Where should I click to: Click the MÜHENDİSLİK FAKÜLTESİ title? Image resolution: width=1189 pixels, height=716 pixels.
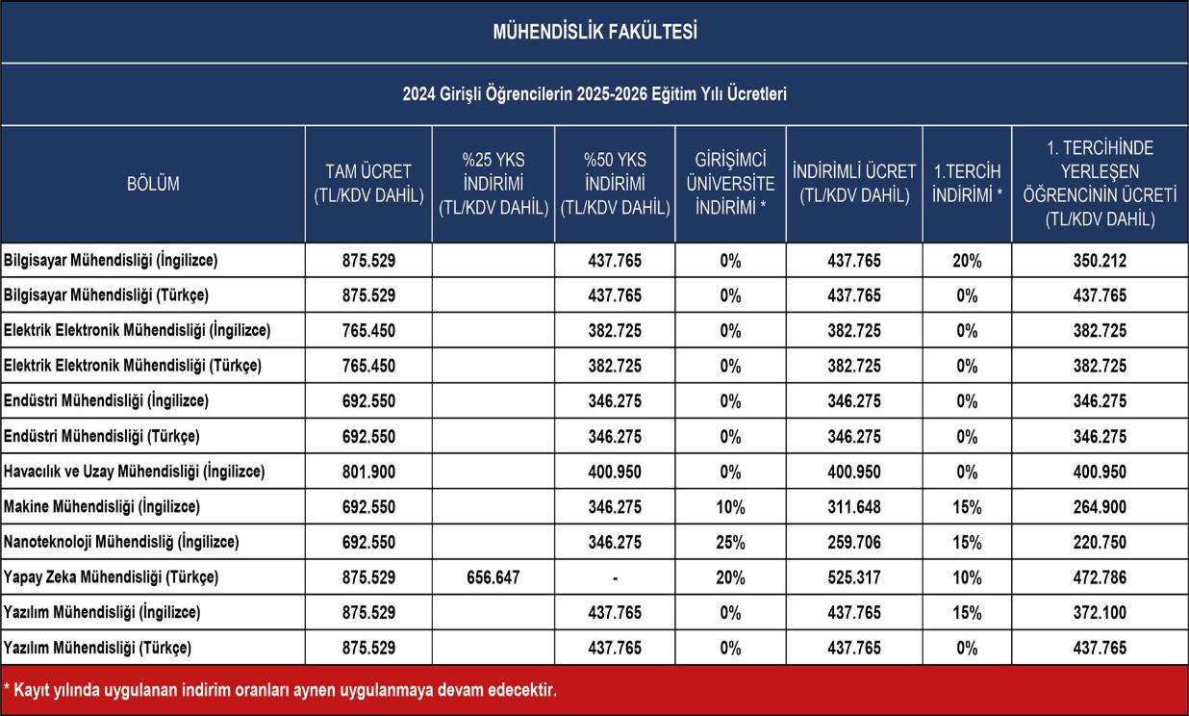pyautogui.click(x=595, y=32)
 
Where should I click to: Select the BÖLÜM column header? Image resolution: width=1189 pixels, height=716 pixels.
pyautogui.click(x=153, y=184)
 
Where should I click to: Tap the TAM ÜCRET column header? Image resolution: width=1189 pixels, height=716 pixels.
pyautogui.click(x=368, y=184)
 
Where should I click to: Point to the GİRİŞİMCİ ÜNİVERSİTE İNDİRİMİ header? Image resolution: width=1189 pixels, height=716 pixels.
pyautogui.click(x=730, y=184)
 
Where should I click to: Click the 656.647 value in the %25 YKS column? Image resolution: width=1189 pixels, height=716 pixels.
pyautogui.click(x=493, y=577)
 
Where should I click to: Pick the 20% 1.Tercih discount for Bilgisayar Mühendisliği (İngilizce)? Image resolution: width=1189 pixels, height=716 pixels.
pyautogui.click(x=967, y=261)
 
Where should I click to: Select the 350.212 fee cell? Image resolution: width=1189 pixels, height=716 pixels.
pyautogui.click(x=1100, y=261)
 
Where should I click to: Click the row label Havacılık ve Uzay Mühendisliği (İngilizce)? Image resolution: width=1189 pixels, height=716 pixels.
pyautogui.click(x=135, y=472)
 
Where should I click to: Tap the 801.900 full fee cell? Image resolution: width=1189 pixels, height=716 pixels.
pyautogui.click(x=368, y=472)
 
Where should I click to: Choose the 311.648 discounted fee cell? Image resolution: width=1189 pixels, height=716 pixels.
pyautogui.click(x=854, y=507)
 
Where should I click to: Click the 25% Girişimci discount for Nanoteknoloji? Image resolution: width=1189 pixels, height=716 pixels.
pyautogui.click(x=730, y=543)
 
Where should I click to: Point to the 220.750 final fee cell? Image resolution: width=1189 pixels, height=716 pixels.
pyautogui.click(x=1100, y=543)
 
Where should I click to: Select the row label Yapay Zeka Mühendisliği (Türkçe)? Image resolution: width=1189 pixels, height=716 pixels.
pyautogui.click(x=111, y=577)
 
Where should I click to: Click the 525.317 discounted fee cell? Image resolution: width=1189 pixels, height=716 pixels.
pyautogui.click(x=854, y=577)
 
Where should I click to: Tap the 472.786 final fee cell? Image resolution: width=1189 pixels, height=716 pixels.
pyautogui.click(x=1100, y=577)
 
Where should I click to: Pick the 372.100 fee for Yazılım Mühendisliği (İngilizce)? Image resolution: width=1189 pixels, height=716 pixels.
pyautogui.click(x=1100, y=612)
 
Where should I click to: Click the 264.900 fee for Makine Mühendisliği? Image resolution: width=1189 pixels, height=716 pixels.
pyautogui.click(x=1100, y=507)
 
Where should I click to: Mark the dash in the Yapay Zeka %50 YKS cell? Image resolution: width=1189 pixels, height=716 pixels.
pyautogui.click(x=616, y=577)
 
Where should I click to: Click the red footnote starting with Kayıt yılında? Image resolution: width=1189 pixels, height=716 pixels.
pyautogui.click(x=280, y=691)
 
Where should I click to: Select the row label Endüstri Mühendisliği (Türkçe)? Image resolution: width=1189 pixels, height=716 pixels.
pyautogui.click(x=102, y=437)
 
